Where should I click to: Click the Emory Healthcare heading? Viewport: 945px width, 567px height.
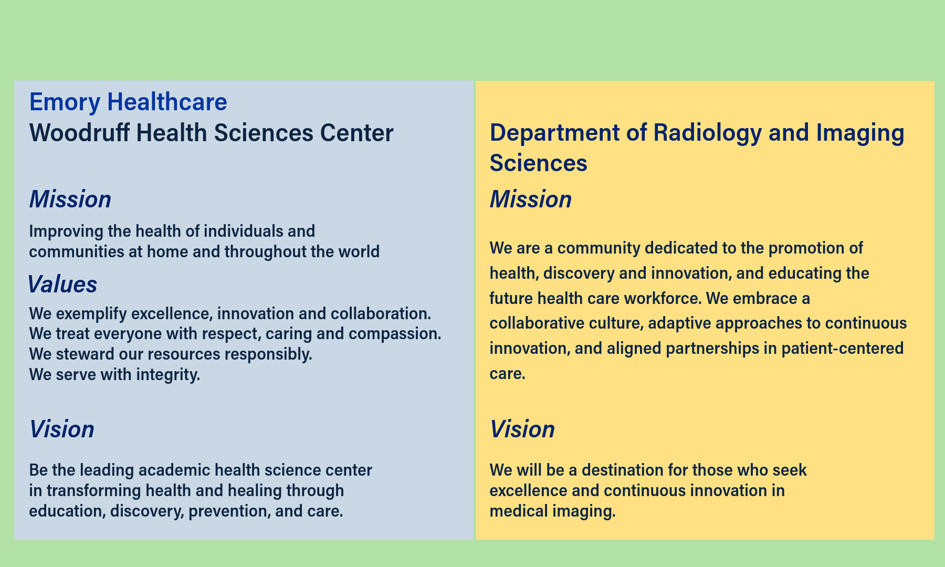tap(128, 102)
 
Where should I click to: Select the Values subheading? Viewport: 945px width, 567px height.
tap(62, 285)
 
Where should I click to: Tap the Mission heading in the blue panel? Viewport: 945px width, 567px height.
tap(70, 199)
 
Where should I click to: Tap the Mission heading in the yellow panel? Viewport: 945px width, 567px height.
tap(530, 199)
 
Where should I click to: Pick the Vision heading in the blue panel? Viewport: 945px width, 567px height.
tap(61, 429)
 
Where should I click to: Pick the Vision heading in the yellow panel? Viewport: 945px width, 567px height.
tap(522, 429)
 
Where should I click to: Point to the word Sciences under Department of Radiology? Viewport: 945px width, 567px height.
tap(538, 163)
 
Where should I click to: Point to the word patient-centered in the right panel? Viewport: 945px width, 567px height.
tap(842, 349)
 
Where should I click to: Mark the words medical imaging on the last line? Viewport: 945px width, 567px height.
tap(552, 511)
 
